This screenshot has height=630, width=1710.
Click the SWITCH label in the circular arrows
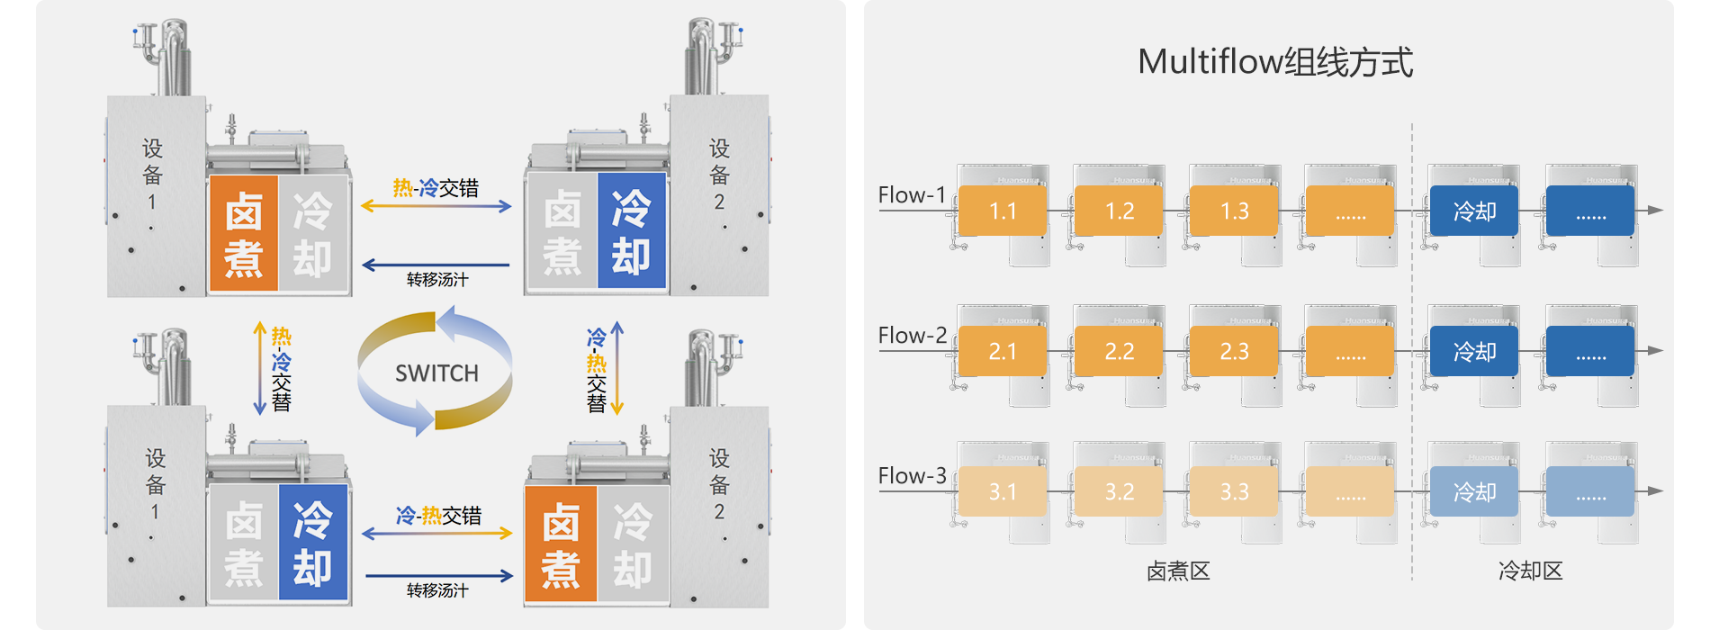pyautogui.click(x=436, y=373)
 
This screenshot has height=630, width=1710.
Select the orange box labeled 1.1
pyautogui.click(x=1003, y=211)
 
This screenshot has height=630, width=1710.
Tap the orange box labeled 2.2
pyautogui.click(x=1119, y=351)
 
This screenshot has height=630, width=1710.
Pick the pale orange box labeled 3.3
pyautogui.click(x=1234, y=491)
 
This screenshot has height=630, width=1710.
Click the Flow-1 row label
pyautogui.click(x=912, y=195)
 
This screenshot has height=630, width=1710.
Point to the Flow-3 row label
pyautogui.click(x=912, y=476)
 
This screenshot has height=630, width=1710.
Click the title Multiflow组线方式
pyautogui.click(x=1275, y=62)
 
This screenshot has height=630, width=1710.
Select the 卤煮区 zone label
pyautogui.click(x=1178, y=571)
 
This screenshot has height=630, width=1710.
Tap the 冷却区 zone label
pyautogui.click(x=1530, y=571)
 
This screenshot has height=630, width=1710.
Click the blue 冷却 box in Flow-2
pyautogui.click(x=1474, y=351)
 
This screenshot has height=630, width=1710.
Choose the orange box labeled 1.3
pyautogui.click(x=1234, y=211)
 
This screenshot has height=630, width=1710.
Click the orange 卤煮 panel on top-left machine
pyautogui.click(x=244, y=233)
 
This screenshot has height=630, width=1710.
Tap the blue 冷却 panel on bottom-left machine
pyautogui.click(x=312, y=543)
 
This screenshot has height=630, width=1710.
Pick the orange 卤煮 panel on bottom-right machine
pyautogui.click(x=561, y=544)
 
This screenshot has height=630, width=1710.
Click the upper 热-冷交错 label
pyautogui.click(x=436, y=188)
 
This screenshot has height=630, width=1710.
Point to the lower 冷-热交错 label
pyautogui.click(x=438, y=516)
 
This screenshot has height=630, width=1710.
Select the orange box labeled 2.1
pyautogui.click(x=1003, y=351)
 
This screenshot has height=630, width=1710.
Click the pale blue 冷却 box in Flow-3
pyautogui.click(x=1474, y=491)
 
